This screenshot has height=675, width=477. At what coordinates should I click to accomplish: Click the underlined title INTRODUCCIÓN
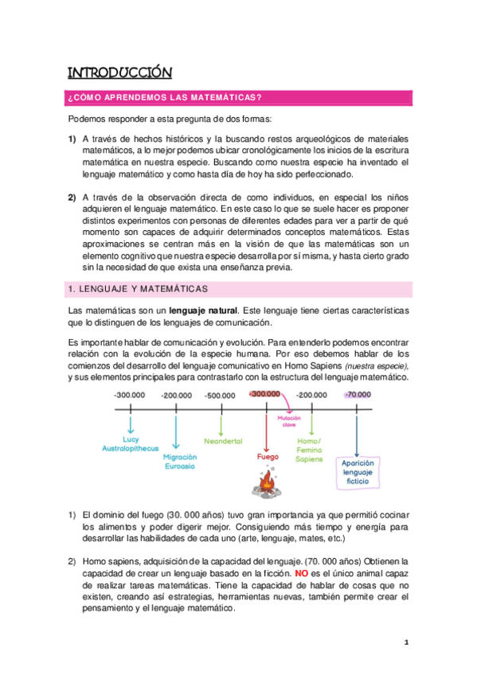click(x=119, y=73)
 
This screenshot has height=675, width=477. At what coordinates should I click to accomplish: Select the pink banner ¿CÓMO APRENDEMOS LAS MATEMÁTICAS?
click(x=166, y=98)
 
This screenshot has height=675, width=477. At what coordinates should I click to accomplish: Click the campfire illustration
click(x=268, y=480)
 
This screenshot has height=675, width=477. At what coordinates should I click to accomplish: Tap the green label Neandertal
click(x=223, y=440)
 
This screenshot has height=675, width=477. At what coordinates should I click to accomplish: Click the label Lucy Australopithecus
click(x=131, y=443)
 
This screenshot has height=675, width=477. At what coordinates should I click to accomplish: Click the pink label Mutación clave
click(x=287, y=421)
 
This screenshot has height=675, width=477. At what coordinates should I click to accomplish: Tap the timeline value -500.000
click(x=220, y=395)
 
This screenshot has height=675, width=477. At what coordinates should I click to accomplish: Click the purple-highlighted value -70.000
click(x=358, y=395)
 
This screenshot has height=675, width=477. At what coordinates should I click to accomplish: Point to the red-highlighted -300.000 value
click(x=265, y=394)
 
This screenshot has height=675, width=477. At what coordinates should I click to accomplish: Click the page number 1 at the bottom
click(x=405, y=642)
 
